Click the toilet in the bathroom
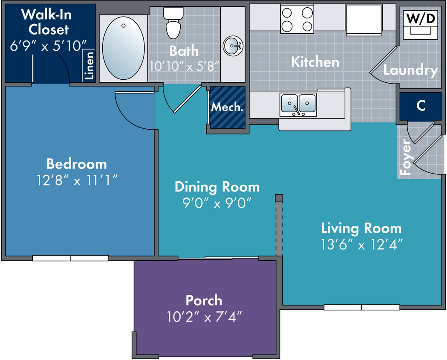(x=173, y=23)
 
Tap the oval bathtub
(x=124, y=48)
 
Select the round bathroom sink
(x=233, y=46)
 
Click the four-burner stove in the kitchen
(x=297, y=19)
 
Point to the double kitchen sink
(x=298, y=105)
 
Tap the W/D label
(x=421, y=18)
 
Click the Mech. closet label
(x=227, y=107)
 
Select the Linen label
(x=89, y=65)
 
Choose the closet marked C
(x=421, y=106)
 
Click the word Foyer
(x=405, y=157)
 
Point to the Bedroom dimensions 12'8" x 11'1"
(x=77, y=180)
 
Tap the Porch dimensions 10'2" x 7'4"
(x=204, y=316)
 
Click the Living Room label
(x=361, y=228)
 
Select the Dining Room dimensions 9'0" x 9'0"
(x=217, y=203)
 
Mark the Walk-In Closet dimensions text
(x=48, y=46)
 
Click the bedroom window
(x=70, y=258)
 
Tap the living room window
(x=362, y=307)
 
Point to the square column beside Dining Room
(x=279, y=198)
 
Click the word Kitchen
(x=315, y=62)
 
